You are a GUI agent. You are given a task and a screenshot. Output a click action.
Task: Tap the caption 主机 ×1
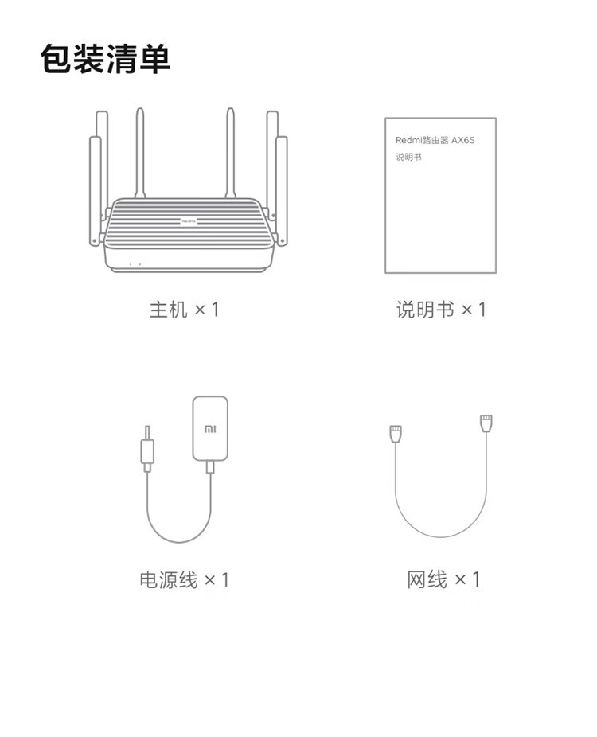coord(184,310)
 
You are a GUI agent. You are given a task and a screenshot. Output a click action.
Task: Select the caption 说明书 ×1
coord(441,310)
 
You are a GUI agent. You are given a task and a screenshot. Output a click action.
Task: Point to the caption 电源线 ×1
coord(184,579)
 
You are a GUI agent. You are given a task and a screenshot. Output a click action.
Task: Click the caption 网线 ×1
coord(443,579)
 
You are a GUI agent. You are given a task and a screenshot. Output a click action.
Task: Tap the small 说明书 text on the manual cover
coord(408,157)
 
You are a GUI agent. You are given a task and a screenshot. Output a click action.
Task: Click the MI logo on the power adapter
coord(210,428)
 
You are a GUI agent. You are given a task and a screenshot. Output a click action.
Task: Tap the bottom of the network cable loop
coord(441,536)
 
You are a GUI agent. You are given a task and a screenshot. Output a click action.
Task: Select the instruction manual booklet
coord(440,195)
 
